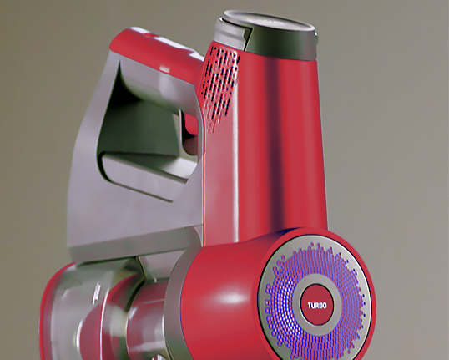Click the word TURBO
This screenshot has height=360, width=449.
pyautogui.click(x=317, y=305)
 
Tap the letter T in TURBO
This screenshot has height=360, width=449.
pyautogui.click(x=310, y=305)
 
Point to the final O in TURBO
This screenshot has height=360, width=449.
pyautogui.click(x=325, y=306)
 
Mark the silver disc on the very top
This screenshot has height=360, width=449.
pyautogui.click(x=268, y=21)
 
